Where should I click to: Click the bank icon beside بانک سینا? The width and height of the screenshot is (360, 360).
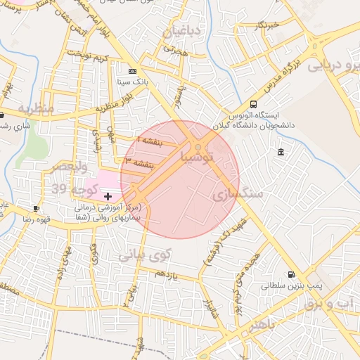click(132, 72)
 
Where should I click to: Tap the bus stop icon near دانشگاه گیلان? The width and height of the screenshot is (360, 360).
click(253, 104)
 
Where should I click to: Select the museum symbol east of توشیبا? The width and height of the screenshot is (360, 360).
click(281, 153)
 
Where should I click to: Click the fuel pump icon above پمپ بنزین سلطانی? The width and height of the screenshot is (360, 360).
click(290, 275)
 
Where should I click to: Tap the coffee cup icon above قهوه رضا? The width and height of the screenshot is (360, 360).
click(37, 208)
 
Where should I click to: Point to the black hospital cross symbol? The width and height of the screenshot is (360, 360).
click(108, 196)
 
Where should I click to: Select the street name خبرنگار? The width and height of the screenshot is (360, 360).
click(269, 25)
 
